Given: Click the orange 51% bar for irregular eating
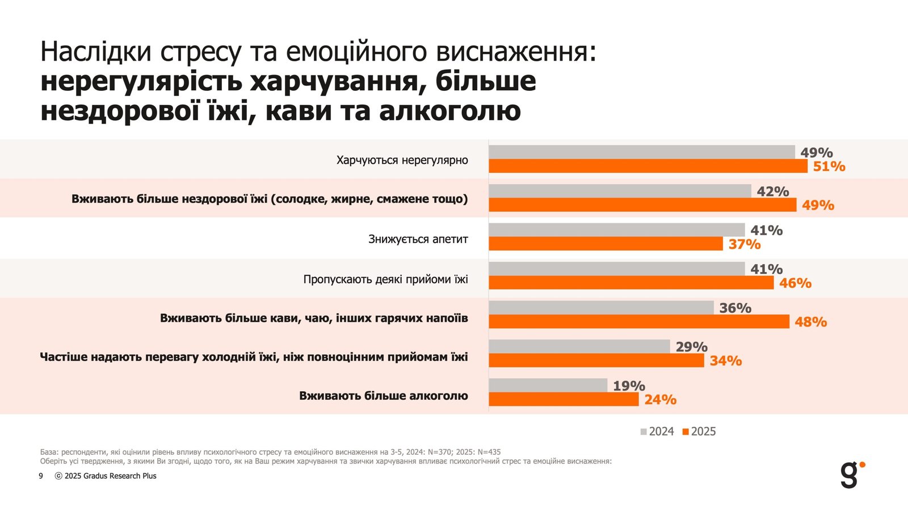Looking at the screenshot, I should pos(648,166).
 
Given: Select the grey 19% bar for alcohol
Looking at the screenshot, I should pos(548,386).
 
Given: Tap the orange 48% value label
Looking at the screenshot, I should pos(810,322).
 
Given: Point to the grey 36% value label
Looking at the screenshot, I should pos(735,308).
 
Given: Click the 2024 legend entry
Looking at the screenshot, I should pos(657,432).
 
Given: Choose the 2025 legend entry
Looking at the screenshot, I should pos(699,432).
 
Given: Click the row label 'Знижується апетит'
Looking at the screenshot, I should pos(418,239).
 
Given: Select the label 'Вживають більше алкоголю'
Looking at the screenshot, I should pos(384,396).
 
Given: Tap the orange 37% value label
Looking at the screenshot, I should pos(745,244).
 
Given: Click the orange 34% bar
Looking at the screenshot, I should pos(596,361).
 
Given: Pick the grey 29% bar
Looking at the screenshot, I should pos(579,346).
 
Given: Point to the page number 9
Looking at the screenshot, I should pos(41,476).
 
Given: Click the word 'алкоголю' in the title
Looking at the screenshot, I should pos(449,111).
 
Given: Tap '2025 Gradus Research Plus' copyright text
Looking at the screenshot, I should pos(110,476).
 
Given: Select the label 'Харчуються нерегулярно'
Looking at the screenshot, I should pos(402,160).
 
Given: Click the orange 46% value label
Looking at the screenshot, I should pos(795,283).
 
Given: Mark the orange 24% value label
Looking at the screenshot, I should pos(660,400).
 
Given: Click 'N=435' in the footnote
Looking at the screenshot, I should pos(489,452).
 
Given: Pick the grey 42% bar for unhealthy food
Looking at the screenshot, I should pos(620,191).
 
